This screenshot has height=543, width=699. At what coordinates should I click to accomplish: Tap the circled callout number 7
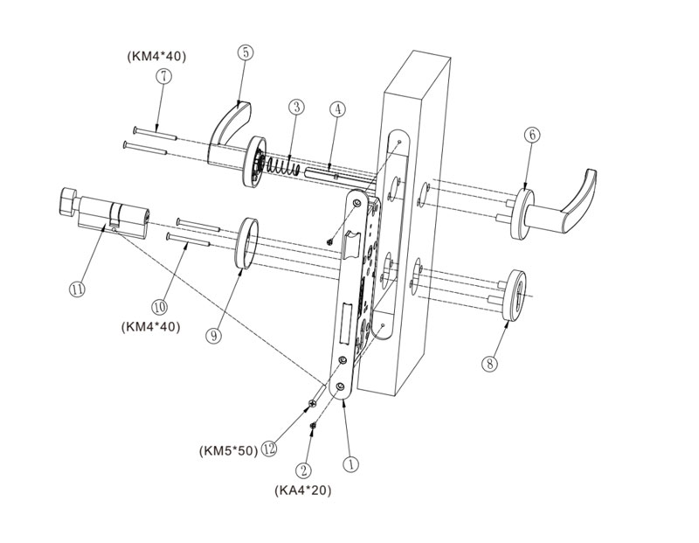coord(163,76)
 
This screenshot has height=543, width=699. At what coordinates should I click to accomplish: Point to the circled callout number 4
coord(338,110)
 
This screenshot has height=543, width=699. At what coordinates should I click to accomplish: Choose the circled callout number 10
coord(159,307)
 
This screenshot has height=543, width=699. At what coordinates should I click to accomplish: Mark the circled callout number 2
coord(305,470)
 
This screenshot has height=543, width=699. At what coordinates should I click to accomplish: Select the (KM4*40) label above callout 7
coord(156,57)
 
